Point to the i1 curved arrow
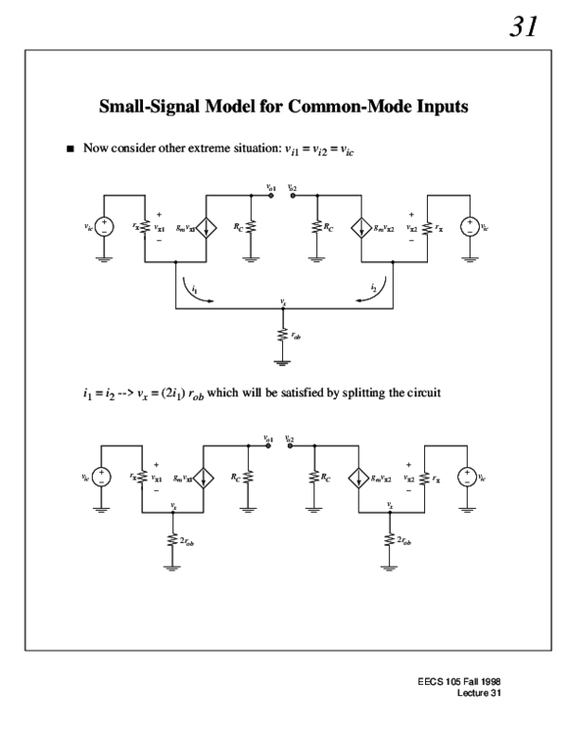[x=194, y=288]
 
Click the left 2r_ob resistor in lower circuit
[x=173, y=539]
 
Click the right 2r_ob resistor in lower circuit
[x=391, y=539]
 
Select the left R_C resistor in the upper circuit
[x=251, y=227]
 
